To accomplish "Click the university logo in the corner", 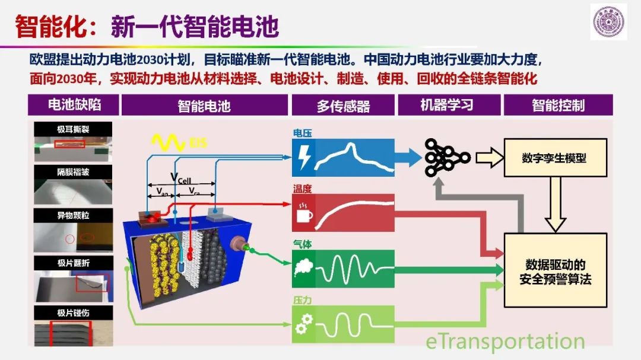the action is point(608,22).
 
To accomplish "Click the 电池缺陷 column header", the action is point(74,105).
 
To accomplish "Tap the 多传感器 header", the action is point(343,106).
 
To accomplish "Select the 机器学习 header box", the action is point(449,105).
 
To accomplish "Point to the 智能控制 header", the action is point(558,105).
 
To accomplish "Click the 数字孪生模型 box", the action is point(555,158).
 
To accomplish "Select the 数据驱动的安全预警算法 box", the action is point(555,270).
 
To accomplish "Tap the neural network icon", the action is point(448,158).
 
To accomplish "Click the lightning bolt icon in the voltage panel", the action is point(304,157).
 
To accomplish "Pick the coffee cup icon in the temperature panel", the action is point(304,213).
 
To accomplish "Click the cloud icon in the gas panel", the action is point(304,268).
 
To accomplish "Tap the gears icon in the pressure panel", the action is point(304,324).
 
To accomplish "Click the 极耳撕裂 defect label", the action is point(73,129).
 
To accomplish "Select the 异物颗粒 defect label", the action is point(73,215).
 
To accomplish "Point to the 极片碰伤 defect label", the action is point(73,313).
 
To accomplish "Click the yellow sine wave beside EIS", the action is point(168,142).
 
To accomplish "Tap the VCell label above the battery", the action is point(180,178).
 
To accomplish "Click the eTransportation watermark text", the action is point(505,341).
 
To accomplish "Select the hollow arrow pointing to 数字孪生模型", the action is point(490,158).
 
